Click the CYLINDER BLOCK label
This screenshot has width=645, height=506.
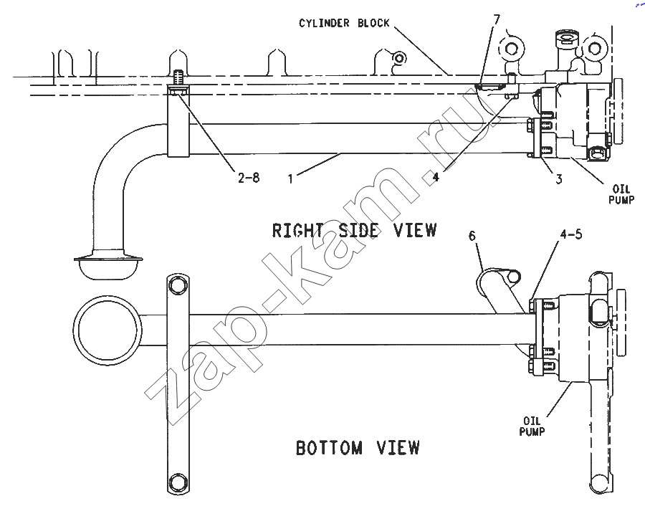(344, 23)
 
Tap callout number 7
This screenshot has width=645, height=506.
(497, 19)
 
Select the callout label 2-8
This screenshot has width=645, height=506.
(249, 178)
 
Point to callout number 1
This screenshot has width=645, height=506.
(291, 179)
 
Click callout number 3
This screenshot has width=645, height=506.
(558, 179)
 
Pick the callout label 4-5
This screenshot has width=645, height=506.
(571, 234)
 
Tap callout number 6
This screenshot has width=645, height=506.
(472, 236)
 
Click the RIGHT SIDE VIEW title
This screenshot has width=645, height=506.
(354, 230)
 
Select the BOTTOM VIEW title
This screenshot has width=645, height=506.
(358, 447)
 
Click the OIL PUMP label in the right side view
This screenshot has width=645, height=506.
(621, 194)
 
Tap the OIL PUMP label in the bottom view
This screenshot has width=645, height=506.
(532, 426)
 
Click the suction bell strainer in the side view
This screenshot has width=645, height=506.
(109, 267)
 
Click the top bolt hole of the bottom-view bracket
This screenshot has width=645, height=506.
(178, 285)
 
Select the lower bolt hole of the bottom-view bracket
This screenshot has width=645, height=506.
(178, 482)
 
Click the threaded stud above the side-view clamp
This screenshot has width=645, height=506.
(178, 77)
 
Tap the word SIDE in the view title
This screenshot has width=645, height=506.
(358, 230)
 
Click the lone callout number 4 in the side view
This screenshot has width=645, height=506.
(436, 177)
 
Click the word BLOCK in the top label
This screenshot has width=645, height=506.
(373, 23)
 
